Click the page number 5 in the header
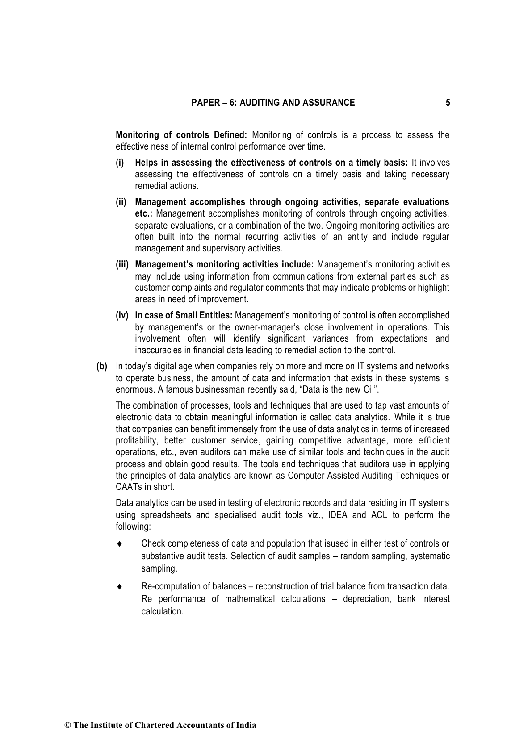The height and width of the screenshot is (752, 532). pyautogui.click(x=448, y=103)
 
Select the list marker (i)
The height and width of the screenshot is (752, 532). pyautogui.click(x=120, y=163)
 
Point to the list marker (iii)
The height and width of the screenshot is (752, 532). pyautogui.click(x=122, y=265)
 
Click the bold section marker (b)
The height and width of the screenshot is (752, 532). pyautogui.click(x=102, y=367)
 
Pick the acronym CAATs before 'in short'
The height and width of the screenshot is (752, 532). pyautogui.click(x=127, y=487)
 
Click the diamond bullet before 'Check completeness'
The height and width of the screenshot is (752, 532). pyautogui.click(x=119, y=544)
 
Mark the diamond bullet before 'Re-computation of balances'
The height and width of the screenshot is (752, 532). pyautogui.click(x=119, y=587)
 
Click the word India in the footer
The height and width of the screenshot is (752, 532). pyautogui.click(x=247, y=725)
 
